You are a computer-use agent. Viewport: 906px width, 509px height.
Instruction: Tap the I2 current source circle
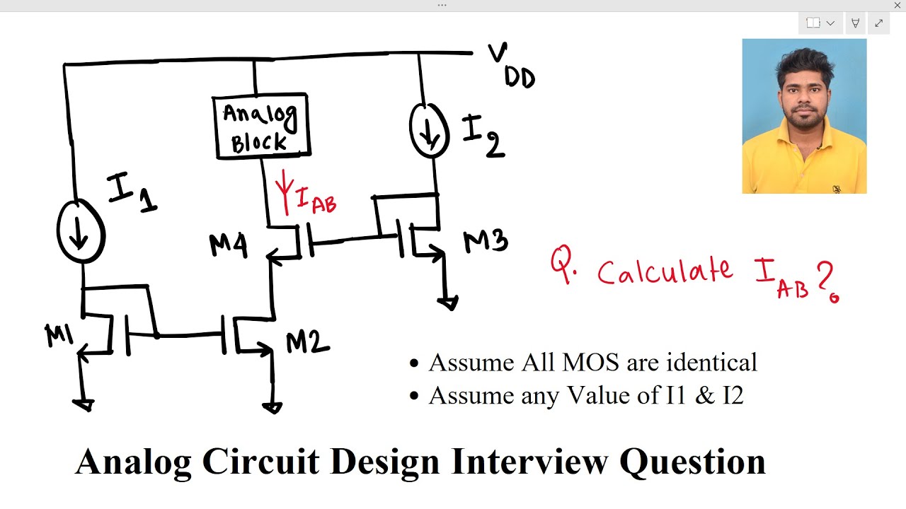(412, 129)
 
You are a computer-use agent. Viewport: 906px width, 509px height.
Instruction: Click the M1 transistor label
(59, 335)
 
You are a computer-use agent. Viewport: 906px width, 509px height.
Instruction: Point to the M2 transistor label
(307, 343)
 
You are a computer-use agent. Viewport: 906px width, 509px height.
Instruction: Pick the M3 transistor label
(486, 241)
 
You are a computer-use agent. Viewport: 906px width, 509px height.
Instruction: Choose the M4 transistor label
(229, 245)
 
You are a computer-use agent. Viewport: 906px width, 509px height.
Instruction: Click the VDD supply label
(512, 66)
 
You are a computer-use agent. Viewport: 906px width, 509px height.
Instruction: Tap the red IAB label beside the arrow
(316, 199)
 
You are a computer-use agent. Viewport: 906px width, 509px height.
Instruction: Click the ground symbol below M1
(84, 405)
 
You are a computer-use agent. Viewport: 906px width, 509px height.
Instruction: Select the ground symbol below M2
(273, 408)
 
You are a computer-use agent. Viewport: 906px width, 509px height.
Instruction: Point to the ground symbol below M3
(448, 302)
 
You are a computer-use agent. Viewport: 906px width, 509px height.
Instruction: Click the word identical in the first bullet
(711, 362)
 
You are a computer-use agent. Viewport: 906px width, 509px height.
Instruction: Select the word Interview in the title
(530, 462)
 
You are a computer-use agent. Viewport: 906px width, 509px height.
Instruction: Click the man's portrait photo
(805, 117)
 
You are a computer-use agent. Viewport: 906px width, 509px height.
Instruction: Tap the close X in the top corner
(897, 5)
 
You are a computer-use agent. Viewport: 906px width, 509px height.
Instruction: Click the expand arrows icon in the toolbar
(879, 23)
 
